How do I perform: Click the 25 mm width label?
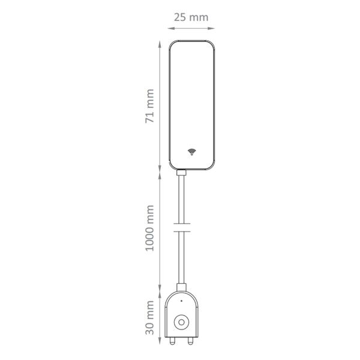point(191,17)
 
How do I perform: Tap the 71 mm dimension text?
point(149,106)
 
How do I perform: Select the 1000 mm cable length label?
point(149,228)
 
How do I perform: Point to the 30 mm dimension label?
point(149,317)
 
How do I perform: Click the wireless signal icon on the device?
point(192,152)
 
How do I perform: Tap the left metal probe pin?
point(172,341)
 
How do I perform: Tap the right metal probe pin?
point(190,341)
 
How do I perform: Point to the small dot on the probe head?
point(182,301)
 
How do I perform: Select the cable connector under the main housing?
point(181,172)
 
